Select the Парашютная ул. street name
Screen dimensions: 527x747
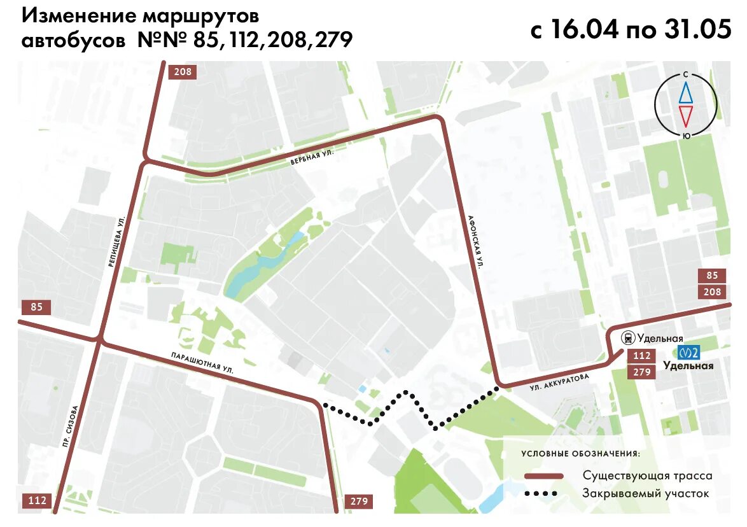coord(202,361)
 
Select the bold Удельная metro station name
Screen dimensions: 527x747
coord(688,366)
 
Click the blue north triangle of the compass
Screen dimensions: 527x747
coord(686,93)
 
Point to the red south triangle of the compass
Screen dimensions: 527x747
coord(686,116)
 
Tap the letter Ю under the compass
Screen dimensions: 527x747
coord(686,135)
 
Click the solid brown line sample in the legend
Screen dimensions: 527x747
coord(544,476)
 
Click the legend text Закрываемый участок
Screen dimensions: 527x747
coord(645,493)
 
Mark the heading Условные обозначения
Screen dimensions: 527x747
coord(580,454)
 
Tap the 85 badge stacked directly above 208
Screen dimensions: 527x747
coord(712,276)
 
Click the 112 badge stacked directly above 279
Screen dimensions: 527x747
coord(642,356)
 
